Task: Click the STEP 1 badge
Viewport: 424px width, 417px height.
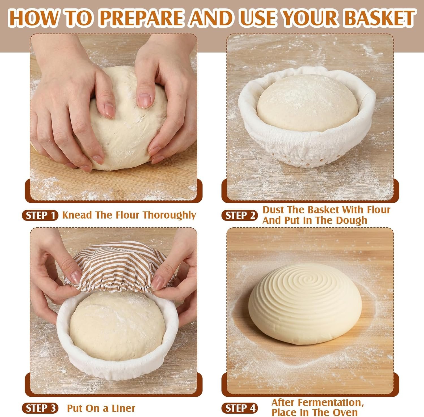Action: pos(40,215)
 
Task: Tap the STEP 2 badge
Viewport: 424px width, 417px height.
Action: pos(239,215)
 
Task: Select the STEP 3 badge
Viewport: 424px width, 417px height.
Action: pos(40,408)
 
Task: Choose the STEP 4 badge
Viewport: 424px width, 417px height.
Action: pos(239,408)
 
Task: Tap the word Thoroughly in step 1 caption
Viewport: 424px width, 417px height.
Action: pos(169,215)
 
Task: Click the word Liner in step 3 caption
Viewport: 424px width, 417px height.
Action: pos(123,408)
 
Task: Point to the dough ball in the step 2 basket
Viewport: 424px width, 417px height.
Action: pos(307,103)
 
